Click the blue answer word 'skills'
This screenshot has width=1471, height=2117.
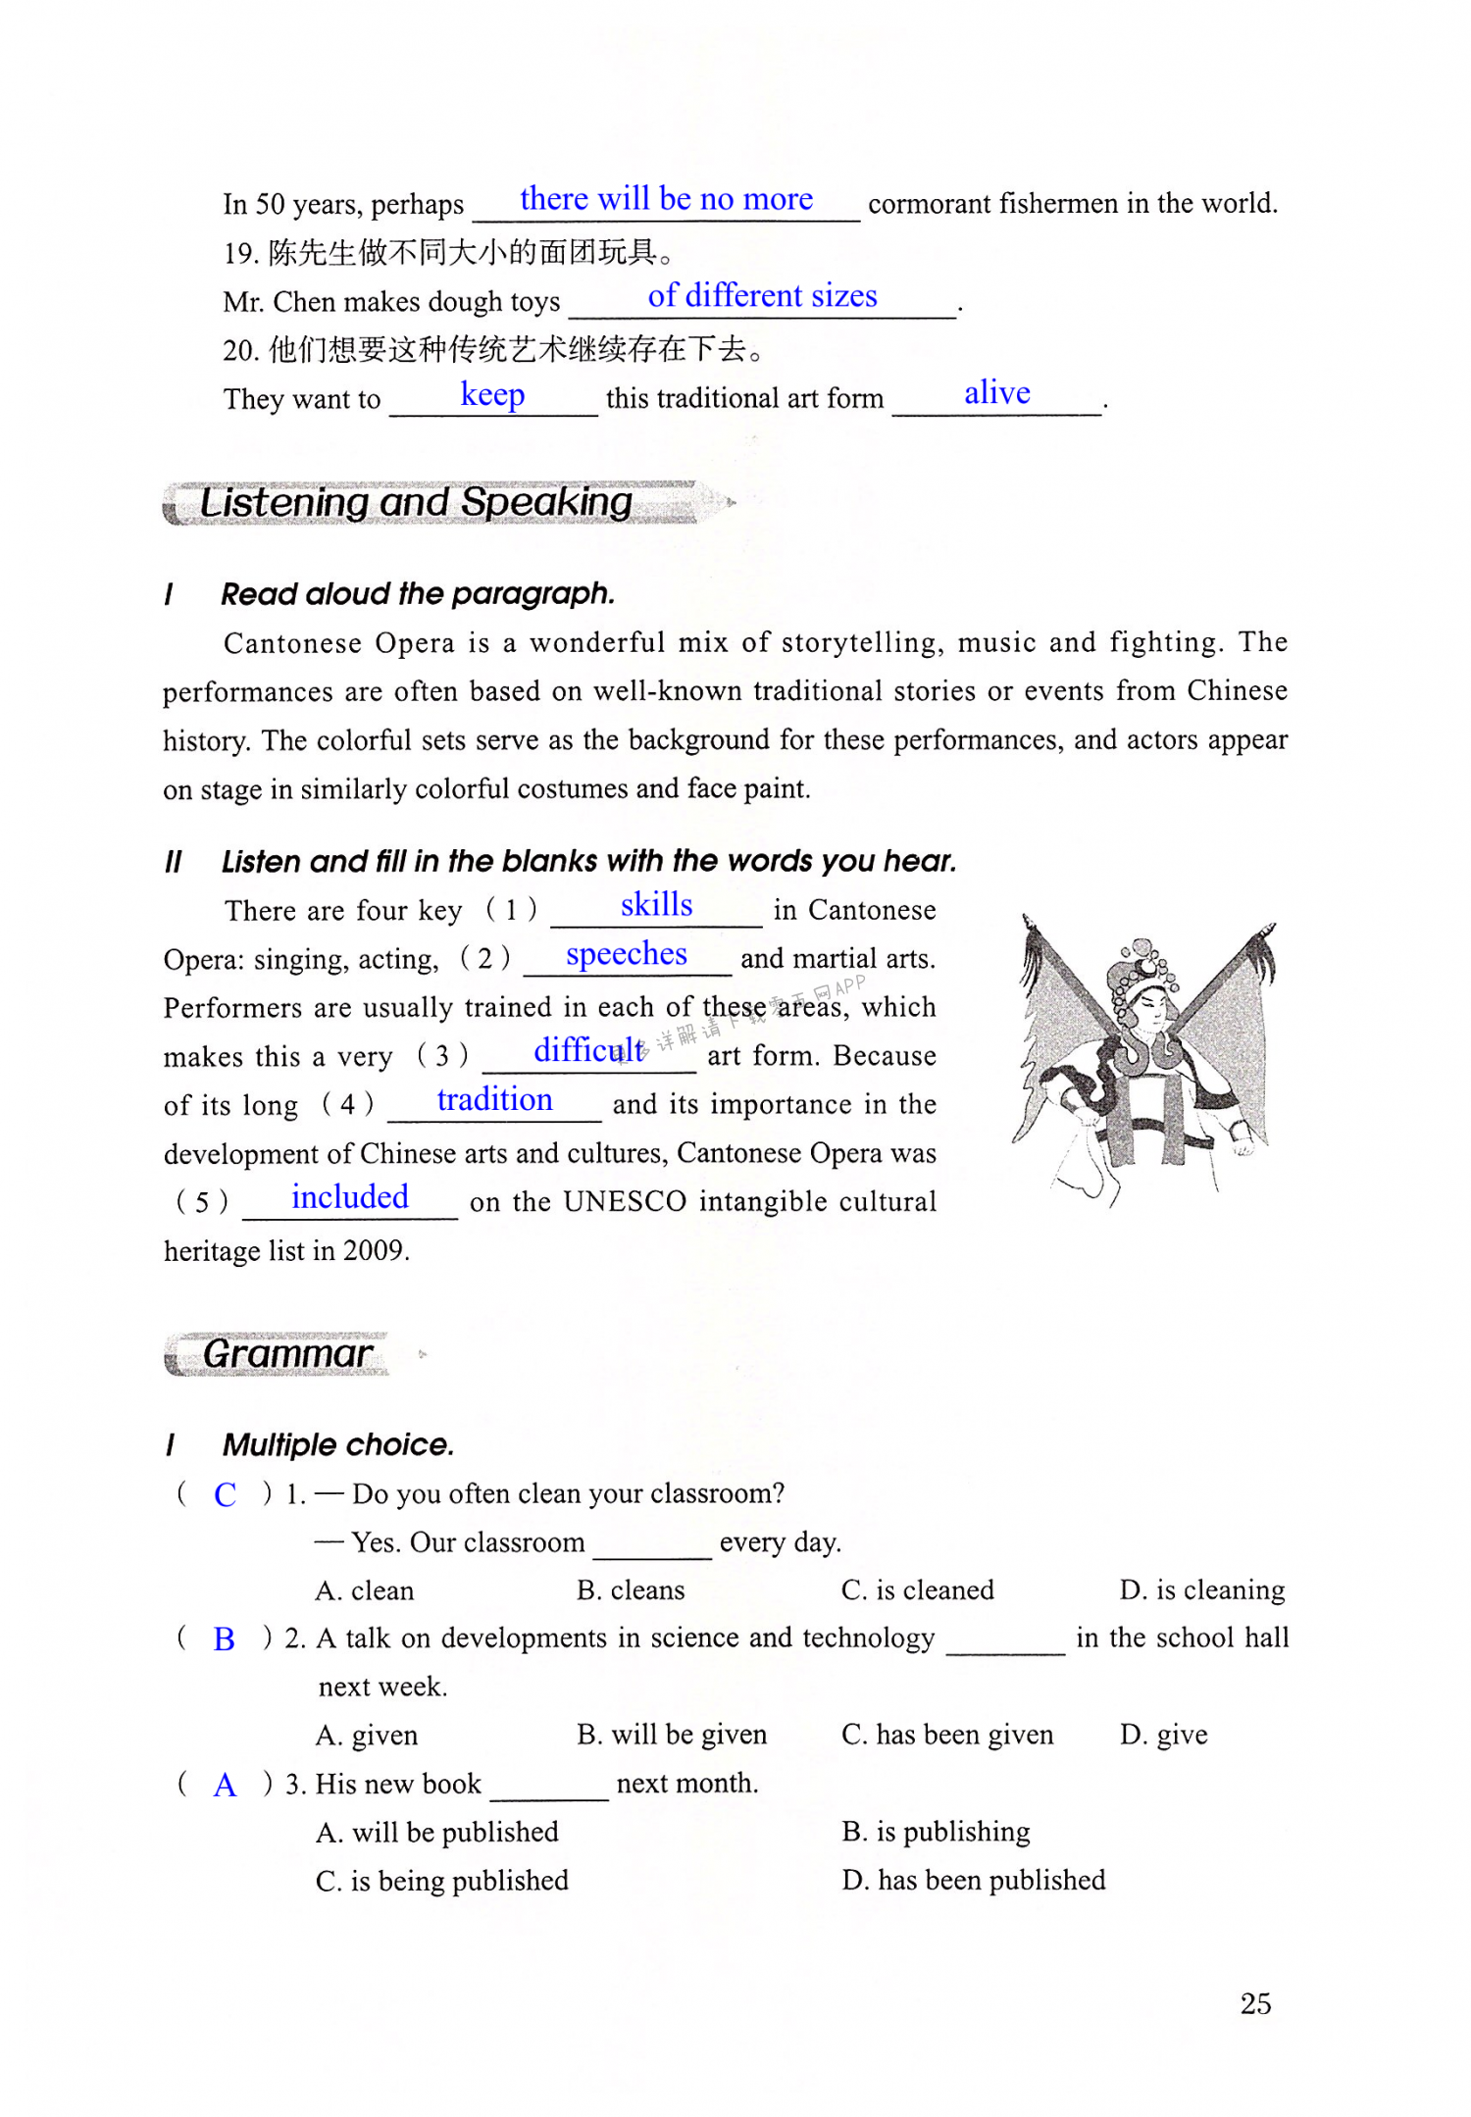pyautogui.click(x=656, y=905)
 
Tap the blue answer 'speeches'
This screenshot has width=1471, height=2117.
pyautogui.click(x=627, y=954)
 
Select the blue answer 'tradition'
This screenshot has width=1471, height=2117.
pyautogui.click(x=494, y=1100)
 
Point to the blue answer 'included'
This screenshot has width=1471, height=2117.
pyautogui.click(x=349, y=1197)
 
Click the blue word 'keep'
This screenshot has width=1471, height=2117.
pyautogui.click(x=492, y=394)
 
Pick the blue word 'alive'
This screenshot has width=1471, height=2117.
pyautogui.click(x=996, y=393)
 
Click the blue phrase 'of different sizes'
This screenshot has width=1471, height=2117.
pyautogui.click(x=762, y=296)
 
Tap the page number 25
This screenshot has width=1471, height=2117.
pyautogui.click(x=1255, y=2003)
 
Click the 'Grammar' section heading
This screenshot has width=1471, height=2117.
pyautogui.click(x=286, y=1354)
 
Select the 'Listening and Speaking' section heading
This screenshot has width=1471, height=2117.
pyautogui.click(x=416, y=503)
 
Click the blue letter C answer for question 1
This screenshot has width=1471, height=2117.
pyautogui.click(x=225, y=1494)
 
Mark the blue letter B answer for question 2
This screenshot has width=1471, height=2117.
pyautogui.click(x=224, y=1639)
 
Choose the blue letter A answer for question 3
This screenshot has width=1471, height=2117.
pyautogui.click(x=225, y=1785)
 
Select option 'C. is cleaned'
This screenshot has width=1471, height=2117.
pyautogui.click(x=917, y=1590)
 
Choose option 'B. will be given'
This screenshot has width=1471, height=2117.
pyautogui.click(x=672, y=1735)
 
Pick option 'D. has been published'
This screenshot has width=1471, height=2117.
pyautogui.click(x=973, y=1880)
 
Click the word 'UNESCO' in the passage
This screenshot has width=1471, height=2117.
pyautogui.click(x=625, y=1201)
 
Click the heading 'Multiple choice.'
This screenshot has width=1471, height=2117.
pyautogui.click(x=338, y=1444)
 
